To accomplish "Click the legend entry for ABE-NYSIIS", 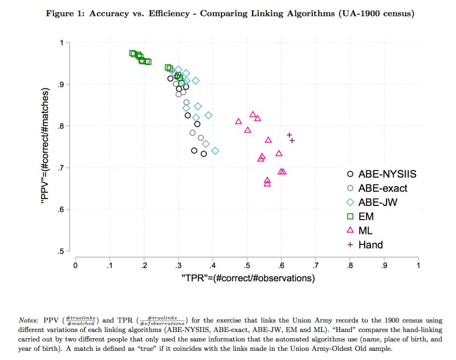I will [x=382, y=175].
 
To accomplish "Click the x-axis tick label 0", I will [x=75, y=265].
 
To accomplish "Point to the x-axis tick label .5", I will [x=247, y=265].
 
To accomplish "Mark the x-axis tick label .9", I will [x=384, y=265].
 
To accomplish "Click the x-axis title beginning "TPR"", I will [x=247, y=279].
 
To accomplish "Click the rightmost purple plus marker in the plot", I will [x=292, y=140].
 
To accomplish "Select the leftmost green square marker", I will [x=133, y=53].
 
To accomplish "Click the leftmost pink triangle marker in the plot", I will [x=238, y=122].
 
